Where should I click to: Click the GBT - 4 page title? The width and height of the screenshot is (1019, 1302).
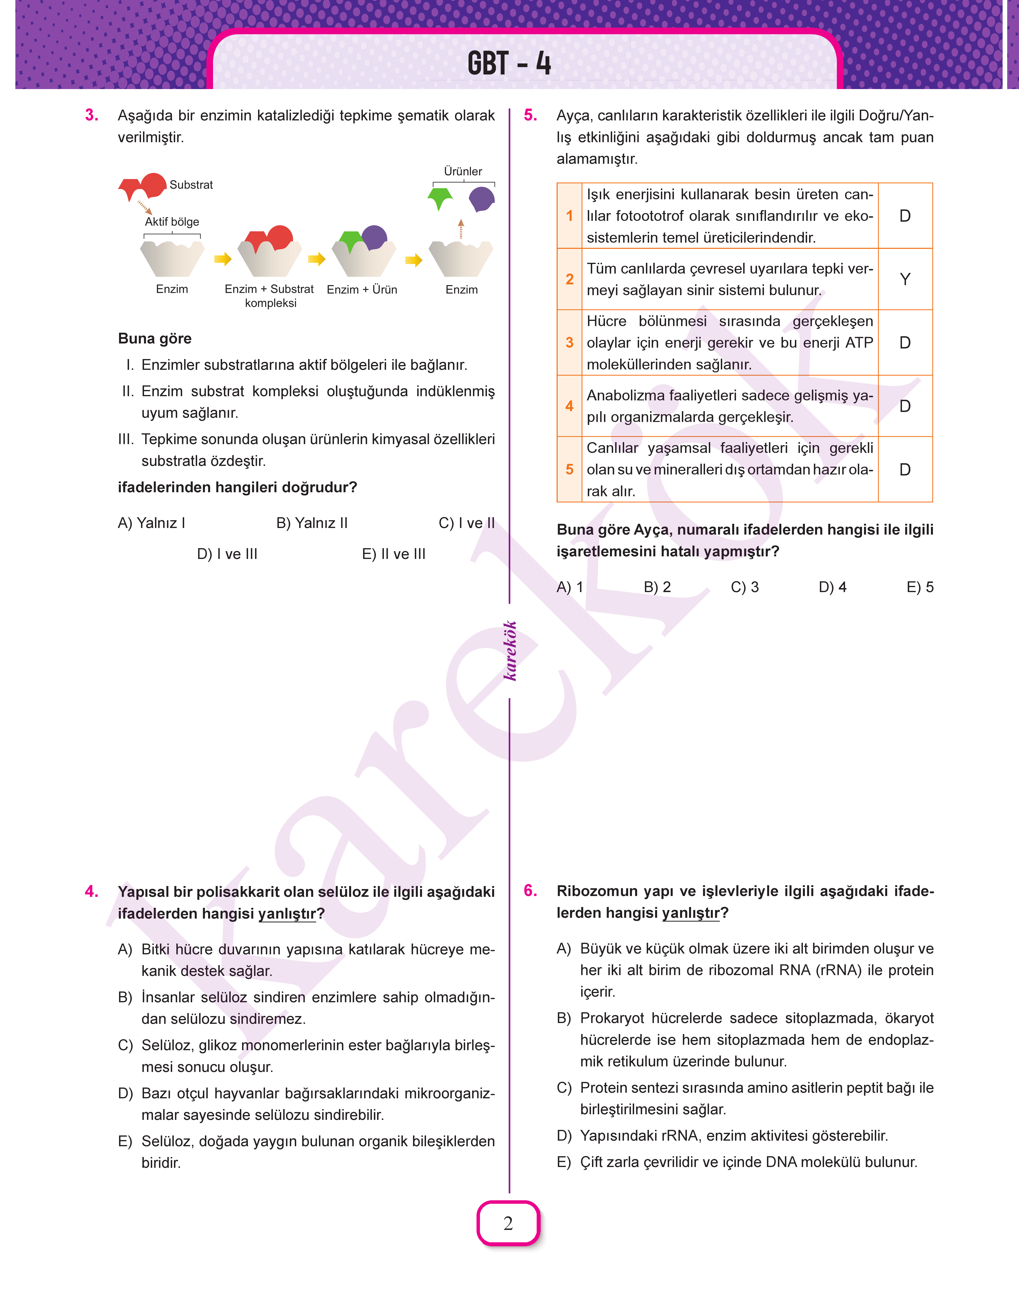[509, 63]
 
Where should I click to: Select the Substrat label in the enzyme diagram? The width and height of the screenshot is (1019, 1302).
[191, 185]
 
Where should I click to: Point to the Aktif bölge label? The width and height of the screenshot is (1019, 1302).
[172, 222]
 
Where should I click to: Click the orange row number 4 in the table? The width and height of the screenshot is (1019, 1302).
[569, 406]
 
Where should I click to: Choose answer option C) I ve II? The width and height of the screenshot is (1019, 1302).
[467, 523]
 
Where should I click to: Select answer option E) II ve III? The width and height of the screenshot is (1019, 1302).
[394, 554]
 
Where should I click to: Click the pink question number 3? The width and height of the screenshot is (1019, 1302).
[92, 115]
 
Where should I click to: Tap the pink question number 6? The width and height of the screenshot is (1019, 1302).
[530, 890]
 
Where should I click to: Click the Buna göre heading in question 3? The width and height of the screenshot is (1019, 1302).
[155, 339]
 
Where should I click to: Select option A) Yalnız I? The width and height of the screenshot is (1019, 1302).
[152, 523]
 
